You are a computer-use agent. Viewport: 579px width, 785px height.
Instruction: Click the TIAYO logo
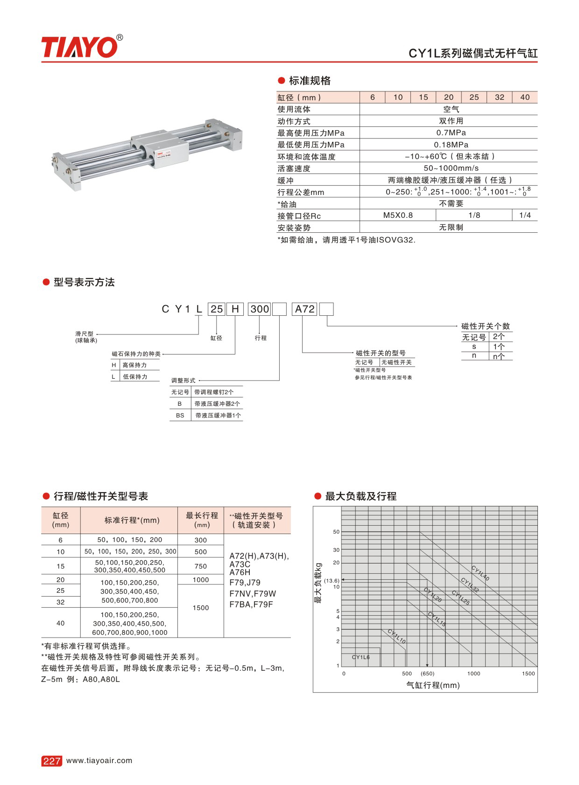click(79, 47)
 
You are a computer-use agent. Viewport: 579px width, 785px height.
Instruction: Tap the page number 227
click(51, 761)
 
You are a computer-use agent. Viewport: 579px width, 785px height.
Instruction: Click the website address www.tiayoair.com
click(99, 760)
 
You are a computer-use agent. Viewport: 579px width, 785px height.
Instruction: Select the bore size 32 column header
click(499, 97)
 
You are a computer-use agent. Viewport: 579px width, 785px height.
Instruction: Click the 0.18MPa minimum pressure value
click(451, 145)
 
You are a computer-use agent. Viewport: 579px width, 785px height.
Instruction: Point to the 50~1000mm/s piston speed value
click(451, 168)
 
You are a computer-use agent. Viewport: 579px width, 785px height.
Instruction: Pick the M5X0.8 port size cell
click(398, 215)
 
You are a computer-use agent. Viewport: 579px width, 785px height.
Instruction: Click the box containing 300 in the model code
click(260, 309)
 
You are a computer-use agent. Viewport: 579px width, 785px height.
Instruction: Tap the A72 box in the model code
click(305, 309)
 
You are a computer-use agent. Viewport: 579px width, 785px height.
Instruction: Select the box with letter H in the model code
click(235, 309)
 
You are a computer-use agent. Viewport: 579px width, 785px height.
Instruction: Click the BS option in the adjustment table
click(180, 415)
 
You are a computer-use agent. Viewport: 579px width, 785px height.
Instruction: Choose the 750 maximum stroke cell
click(201, 566)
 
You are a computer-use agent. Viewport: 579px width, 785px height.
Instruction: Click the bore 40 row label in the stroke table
click(61, 623)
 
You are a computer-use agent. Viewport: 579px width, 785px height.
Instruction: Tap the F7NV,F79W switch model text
click(253, 594)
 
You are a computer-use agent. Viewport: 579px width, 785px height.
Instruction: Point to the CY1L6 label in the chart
click(360, 657)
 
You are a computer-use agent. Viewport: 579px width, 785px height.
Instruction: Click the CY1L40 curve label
click(480, 573)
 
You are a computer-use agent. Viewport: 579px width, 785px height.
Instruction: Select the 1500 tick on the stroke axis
click(528, 674)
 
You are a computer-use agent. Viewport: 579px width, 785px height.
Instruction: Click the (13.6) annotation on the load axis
click(332, 581)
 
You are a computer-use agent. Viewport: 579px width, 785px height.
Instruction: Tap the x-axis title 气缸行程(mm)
click(433, 685)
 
